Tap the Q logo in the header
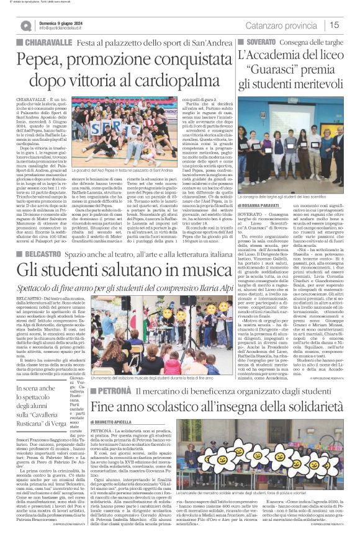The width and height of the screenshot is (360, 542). [26, 25]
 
